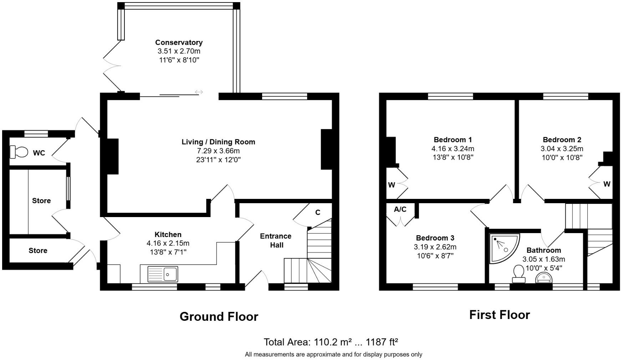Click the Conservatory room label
coord(179,42)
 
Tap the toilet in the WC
coord(19,152)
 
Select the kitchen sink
coord(163,274)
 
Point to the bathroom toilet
coord(519,274)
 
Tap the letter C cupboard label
coord(317,212)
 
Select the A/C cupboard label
coord(400,209)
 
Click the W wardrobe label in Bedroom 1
coord(392,185)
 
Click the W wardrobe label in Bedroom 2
coord(607,184)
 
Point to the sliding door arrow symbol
coord(199,92)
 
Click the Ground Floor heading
coord(219,317)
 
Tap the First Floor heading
coord(499,315)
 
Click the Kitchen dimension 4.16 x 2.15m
coord(168,243)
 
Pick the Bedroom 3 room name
coord(435,238)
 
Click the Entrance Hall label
coord(275,241)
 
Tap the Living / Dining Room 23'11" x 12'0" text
coord(218,160)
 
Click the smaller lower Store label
coord(38,251)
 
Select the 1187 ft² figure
coord(383,342)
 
